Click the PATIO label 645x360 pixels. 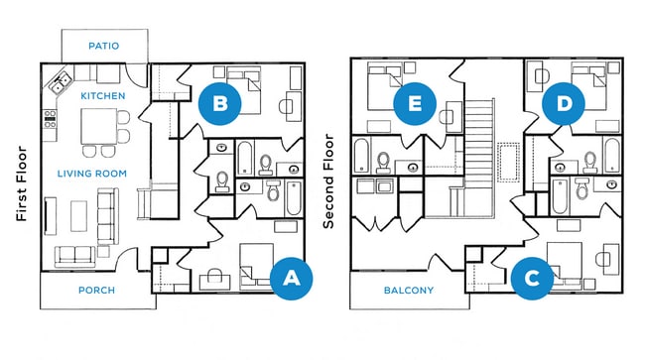104,46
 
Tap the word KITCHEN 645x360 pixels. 102,96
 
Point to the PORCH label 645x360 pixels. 97,291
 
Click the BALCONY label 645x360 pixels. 408,291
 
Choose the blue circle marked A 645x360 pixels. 291,279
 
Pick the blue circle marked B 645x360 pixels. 220,103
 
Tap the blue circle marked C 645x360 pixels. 532,278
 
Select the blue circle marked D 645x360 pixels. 565,103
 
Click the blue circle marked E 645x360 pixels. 416,103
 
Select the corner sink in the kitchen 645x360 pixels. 60,81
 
